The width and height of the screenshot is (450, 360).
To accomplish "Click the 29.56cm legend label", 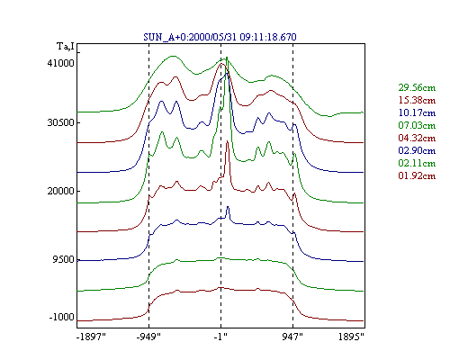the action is (x=417, y=87).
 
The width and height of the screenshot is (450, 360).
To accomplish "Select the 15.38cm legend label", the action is (x=417, y=100).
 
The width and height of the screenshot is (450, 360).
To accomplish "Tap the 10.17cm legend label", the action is (x=417, y=112).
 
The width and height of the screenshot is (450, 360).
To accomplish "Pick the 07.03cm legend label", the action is (x=417, y=125).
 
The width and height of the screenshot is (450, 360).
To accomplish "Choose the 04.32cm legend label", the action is (x=417, y=138).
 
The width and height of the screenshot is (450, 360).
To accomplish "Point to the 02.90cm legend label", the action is (x=417, y=150).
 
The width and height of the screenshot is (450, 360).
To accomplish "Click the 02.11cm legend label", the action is (x=417, y=163).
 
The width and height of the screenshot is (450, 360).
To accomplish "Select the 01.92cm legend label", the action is (x=417, y=175).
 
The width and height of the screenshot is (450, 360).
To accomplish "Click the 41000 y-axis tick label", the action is (x=60, y=63).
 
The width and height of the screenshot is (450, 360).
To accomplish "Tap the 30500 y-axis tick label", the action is (x=60, y=122).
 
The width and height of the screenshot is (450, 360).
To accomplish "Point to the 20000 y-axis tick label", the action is (x=60, y=191).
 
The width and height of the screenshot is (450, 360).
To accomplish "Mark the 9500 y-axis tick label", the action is (x=63, y=259).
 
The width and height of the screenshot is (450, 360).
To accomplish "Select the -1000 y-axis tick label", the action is (x=61, y=317).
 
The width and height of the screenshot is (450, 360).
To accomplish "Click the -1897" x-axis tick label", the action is (x=91, y=337).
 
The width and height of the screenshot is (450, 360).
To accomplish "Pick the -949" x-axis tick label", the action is (x=148, y=337).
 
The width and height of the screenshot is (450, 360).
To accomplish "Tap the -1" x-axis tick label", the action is (x=220, y=337).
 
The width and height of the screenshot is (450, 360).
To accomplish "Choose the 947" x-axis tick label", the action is (x=292, y=337).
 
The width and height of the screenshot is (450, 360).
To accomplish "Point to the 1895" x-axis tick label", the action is (x=351, y=337).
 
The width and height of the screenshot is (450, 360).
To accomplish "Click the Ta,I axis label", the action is (x=66, y=47).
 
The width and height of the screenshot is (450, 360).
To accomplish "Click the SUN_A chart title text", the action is (x=220, y=37).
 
